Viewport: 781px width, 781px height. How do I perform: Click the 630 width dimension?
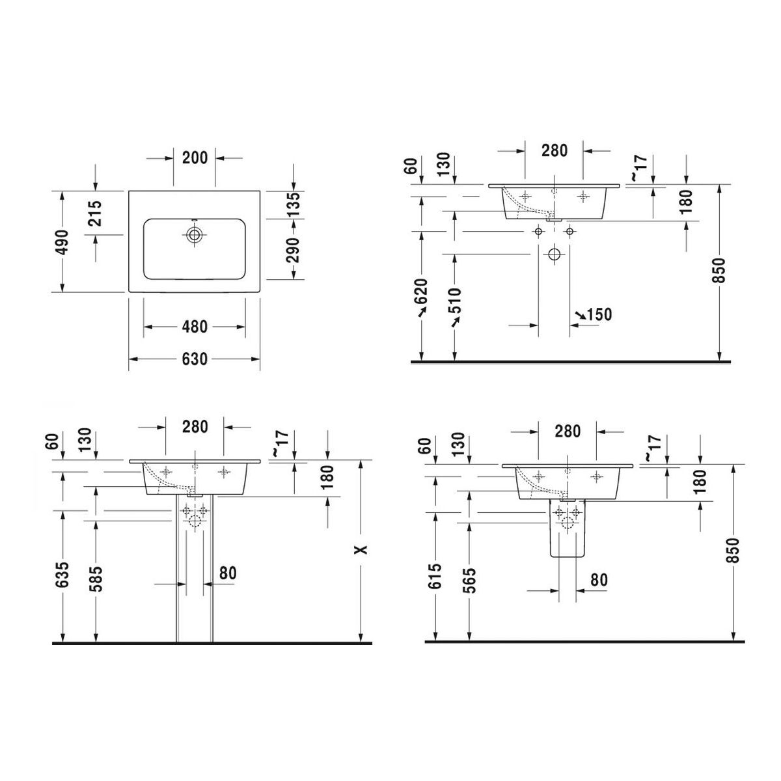point(195,359)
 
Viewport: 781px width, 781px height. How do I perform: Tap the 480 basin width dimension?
point(195,327)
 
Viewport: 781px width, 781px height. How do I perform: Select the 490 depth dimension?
point(62,242)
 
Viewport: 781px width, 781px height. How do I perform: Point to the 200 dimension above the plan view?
point(195,158)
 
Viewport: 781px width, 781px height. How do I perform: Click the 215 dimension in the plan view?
point(96,213)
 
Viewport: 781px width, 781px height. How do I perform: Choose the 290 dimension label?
point(294,250)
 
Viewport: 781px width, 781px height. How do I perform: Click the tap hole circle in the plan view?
point(195,234)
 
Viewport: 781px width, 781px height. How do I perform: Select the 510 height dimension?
point(455,300)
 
